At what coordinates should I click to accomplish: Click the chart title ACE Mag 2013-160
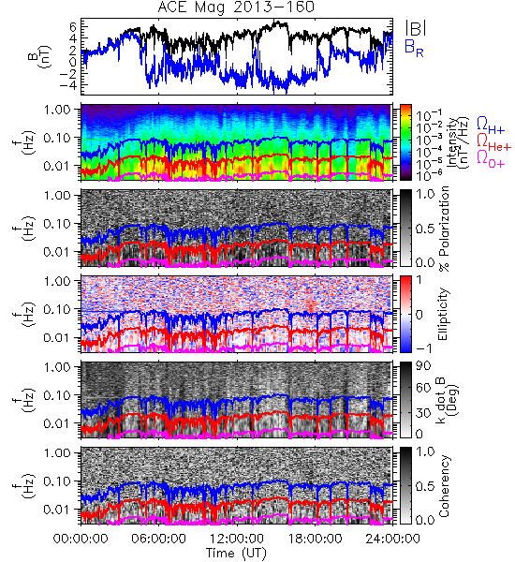236,7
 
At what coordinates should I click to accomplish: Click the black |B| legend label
416,28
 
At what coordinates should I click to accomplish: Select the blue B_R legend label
414,49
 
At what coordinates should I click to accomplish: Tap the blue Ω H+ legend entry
491,126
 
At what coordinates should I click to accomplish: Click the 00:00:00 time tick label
81,539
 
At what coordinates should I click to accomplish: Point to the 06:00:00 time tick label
159,539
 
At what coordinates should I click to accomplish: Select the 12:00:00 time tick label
237,539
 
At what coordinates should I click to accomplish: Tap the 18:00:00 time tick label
315,539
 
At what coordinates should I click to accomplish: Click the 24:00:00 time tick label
392,539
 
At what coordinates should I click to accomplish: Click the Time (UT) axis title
236,554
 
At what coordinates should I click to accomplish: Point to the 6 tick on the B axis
73,26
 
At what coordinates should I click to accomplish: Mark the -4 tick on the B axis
68,85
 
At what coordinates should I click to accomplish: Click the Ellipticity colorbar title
443,314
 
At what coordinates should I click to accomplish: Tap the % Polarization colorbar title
444,229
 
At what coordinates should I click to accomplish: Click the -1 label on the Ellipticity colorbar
423,348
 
